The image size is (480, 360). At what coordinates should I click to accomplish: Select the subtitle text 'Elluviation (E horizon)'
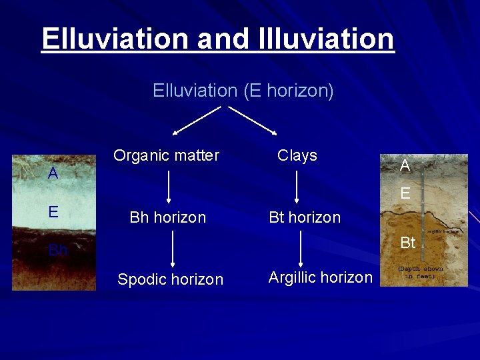click(243, 90)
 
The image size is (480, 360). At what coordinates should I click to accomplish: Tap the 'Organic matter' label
click(166, 155)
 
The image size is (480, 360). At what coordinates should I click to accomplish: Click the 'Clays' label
click(297, 155)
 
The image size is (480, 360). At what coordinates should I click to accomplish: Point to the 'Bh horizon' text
click(167, 217)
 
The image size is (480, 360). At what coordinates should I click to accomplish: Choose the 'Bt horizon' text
click(304, 217)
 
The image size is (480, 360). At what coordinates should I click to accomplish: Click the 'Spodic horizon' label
click(170, 279)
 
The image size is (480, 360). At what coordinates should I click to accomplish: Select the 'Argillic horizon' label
click(320, 277)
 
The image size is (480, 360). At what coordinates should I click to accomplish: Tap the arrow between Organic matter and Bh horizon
click(168, 186)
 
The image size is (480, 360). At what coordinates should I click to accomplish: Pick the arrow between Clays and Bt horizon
click(297, 186)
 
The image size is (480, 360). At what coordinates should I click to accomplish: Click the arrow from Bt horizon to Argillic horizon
click(301, 248)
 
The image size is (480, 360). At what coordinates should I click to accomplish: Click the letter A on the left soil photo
click(53, 174)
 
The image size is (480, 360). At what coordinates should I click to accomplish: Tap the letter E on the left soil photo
click(53, 212)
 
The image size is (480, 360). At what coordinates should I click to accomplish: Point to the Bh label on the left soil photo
click(58, 251)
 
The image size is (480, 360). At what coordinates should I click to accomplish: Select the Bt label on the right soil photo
click(408, 243)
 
